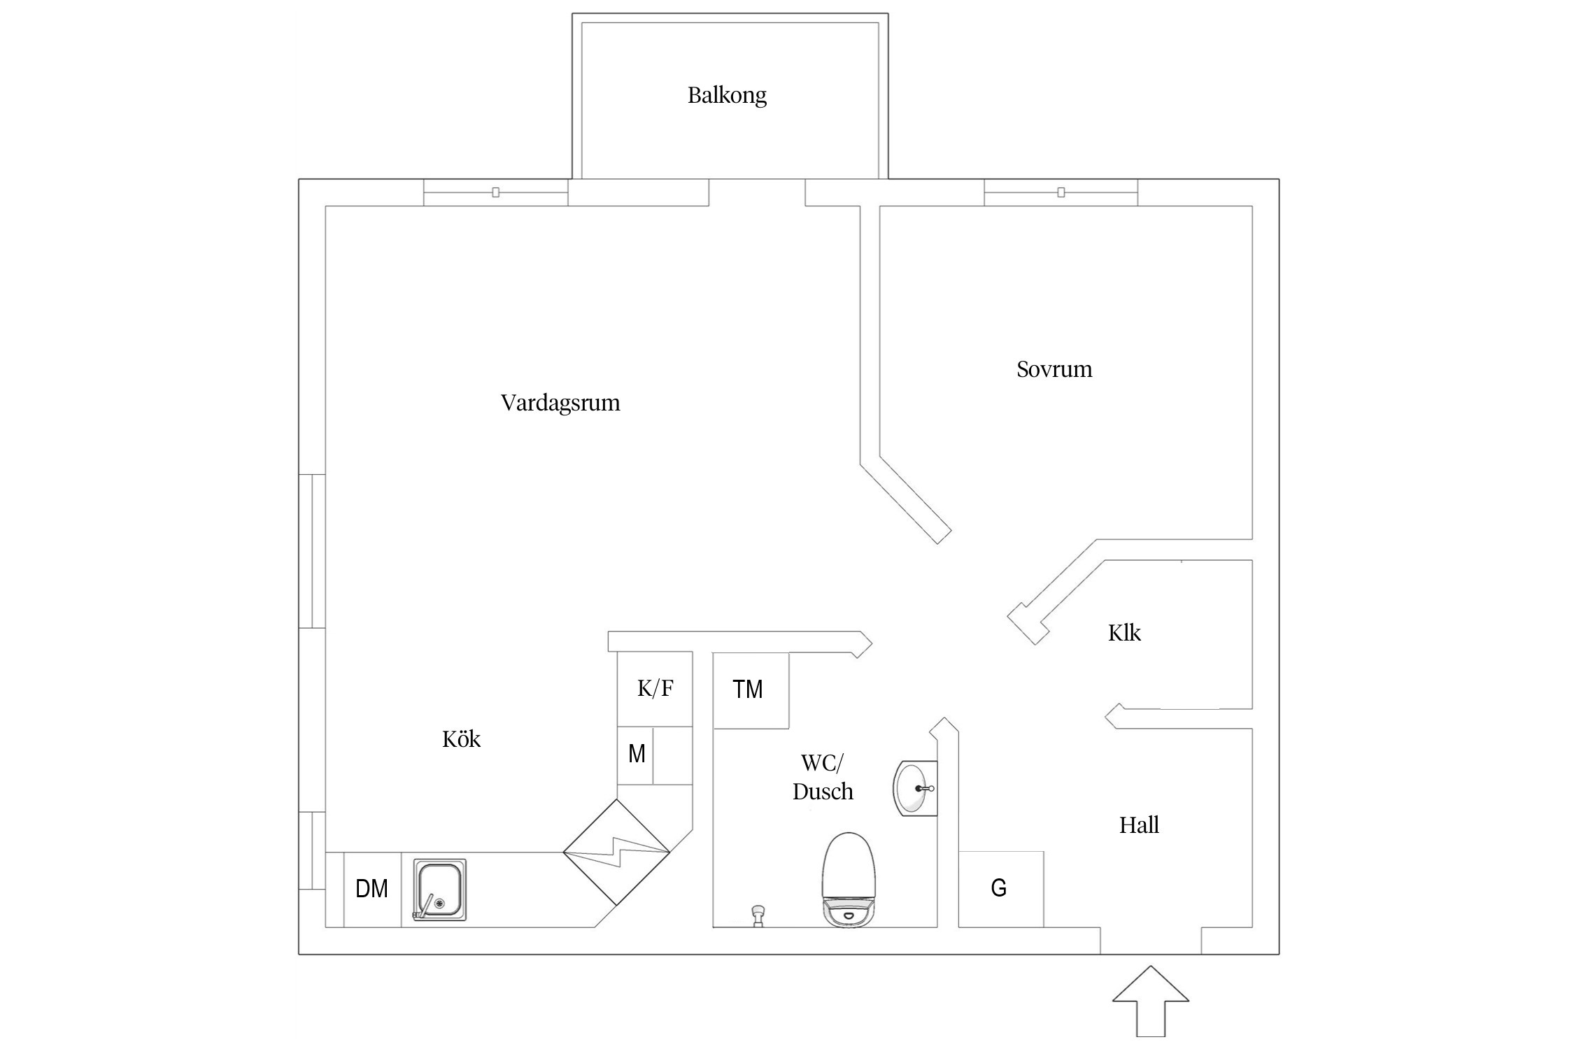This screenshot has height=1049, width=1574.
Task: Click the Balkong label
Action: (727, 95)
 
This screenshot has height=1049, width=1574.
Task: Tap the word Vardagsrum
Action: (560, 403)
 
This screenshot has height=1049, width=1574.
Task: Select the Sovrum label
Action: (1054, 369)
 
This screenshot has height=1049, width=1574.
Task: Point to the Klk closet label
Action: (1124, 633)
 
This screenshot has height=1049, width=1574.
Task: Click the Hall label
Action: (1139, 825)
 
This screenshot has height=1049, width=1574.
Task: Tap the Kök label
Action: (461, 739)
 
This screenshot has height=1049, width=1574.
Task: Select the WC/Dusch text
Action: (823, 777)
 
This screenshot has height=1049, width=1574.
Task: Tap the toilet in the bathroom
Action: (848, 879)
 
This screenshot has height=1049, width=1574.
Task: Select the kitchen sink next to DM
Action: (439, 890)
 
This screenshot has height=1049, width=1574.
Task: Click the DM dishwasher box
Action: (371, 889)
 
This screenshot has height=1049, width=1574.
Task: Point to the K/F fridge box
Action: (655, 689)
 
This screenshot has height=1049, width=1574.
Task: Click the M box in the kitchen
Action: (636, 754)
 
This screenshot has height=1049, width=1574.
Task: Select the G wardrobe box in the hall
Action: (1000, 888)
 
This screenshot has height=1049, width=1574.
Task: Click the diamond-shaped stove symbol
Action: (616, 852)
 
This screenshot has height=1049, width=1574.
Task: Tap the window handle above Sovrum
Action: (1061, 192)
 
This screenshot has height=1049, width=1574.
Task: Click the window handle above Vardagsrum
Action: (495, 192)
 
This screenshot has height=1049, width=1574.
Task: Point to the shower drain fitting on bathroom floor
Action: (757, 915)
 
